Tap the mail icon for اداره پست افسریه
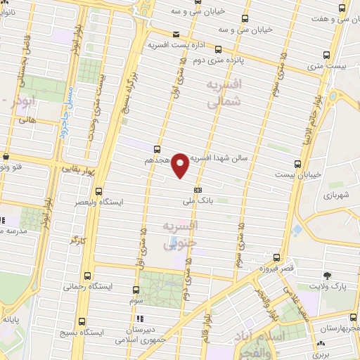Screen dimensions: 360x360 click(176, 34)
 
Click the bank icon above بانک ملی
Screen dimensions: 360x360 click(198, 189)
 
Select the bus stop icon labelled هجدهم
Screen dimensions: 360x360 click(157, 148)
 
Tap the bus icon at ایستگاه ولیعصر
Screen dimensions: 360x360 click(98, 190)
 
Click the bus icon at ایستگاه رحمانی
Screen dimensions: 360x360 click(87, 276)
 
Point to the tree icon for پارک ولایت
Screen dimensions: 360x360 click(327, 275)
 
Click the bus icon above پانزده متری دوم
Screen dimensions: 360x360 click(218, 49)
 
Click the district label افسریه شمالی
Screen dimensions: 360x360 click(224, 93)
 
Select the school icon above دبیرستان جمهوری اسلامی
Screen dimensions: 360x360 click(139, 319)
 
